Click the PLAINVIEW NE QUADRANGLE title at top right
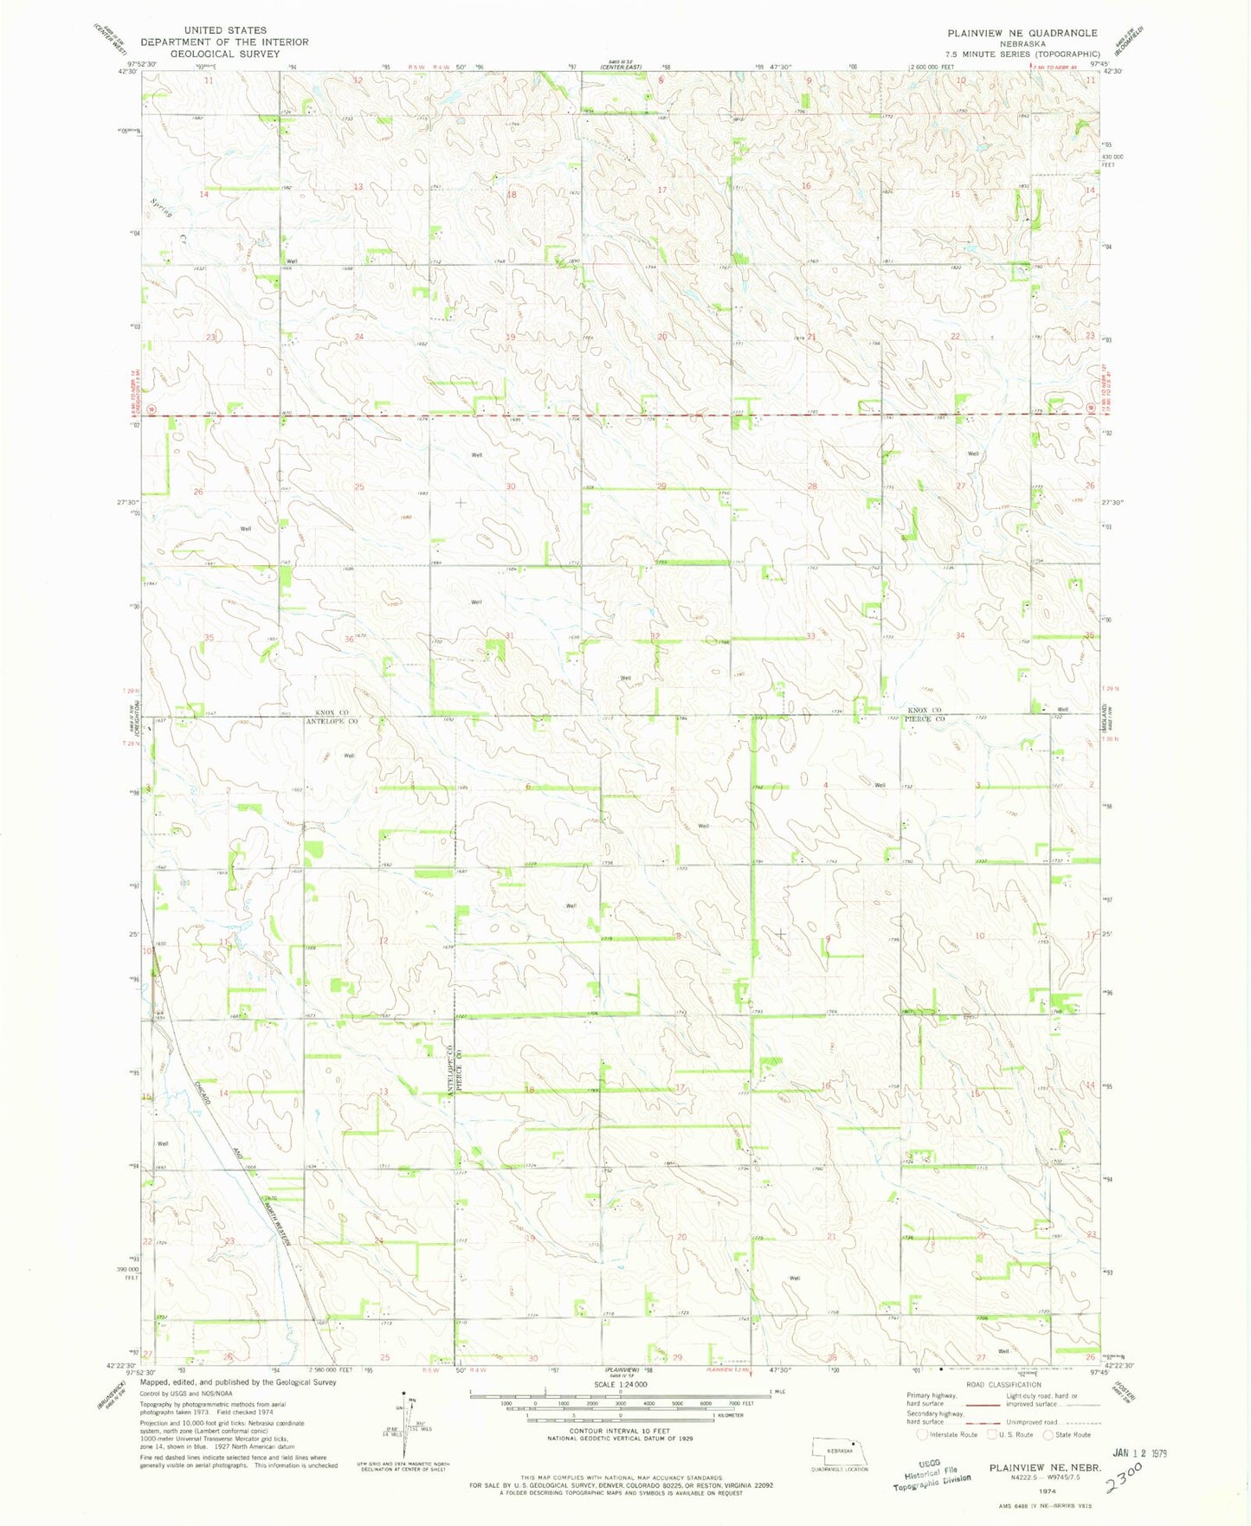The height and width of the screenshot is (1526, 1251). click(x=1022, y=33)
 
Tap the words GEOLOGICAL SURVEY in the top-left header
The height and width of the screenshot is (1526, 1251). click(x=224, y=54)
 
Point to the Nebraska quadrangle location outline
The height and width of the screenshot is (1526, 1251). click(x=840, y=1452)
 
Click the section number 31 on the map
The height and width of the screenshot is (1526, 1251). click(x=510, y=636)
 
